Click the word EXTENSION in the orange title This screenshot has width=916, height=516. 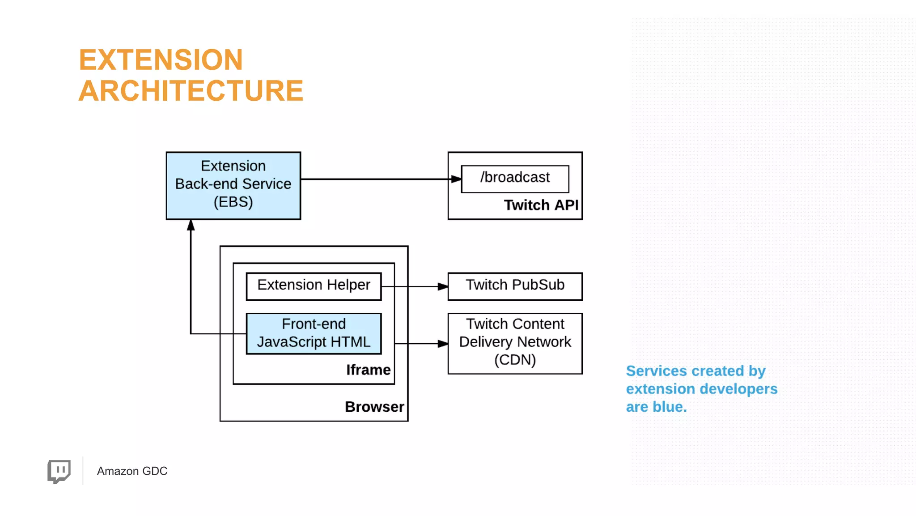coord(161,60)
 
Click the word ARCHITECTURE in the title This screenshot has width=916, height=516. coord(191,91)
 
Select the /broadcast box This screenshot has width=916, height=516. coord(515,178)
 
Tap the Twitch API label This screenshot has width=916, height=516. coord(541,205)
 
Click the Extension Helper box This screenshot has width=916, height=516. coord(314,286)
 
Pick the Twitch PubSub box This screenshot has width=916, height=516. coord(515,286)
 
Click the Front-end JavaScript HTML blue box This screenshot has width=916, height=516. coord(314,333)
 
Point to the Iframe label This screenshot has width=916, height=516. coord(368,370)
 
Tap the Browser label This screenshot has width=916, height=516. coord(374,407)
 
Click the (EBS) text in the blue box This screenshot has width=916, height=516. coord(233,202)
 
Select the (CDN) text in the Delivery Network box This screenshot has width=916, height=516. coord(515,360)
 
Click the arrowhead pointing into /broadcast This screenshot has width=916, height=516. coord(456,179)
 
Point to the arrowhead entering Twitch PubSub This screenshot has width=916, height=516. coord(442,286)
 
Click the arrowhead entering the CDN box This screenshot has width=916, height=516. coord(442,344)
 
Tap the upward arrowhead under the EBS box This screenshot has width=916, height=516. coord(191,226)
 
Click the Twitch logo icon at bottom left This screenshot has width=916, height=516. coord(59,471)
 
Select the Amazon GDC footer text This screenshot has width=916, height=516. coord(132,471)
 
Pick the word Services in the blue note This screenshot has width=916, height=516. coord(656,371)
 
